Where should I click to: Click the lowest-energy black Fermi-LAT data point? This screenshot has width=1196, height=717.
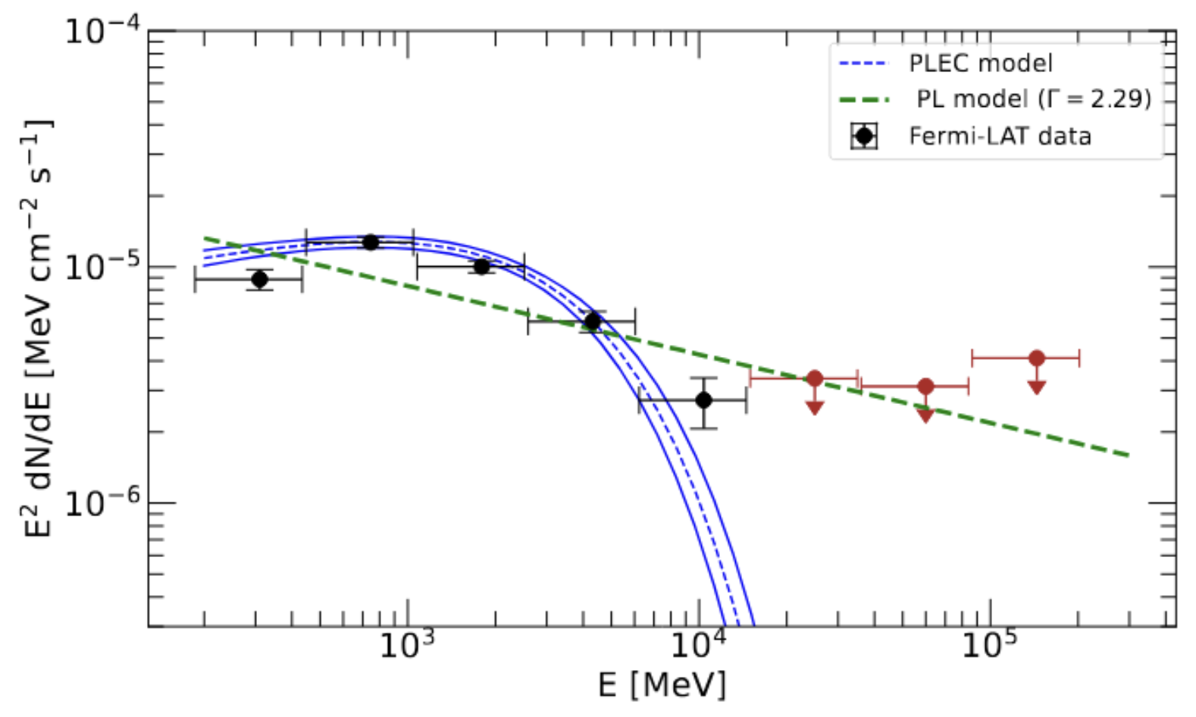click(259, 279)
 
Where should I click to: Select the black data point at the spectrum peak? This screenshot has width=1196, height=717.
click(371, 243)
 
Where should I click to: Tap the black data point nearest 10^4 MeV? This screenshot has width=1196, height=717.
click(703, 399)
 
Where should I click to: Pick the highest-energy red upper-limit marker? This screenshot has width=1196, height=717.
click(1037, 358)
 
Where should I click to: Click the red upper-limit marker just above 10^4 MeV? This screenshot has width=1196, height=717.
click(815, 378)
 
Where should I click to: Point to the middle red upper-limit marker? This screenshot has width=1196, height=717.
click(925, 387)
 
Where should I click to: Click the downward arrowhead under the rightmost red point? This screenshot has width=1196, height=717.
click(1037, 387)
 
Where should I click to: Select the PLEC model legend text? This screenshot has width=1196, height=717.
click(981, 63)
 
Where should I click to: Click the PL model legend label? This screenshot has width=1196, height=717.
click(1034, 99)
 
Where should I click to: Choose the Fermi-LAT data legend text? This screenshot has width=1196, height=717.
click(1000, 136)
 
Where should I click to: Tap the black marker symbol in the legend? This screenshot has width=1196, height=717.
click(864, 136)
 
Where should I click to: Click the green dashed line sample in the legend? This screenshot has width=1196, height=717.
click(864, 99)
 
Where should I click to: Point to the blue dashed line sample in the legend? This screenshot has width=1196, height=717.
click(864, 64)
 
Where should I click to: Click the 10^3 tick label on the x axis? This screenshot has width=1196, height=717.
click(407, 646)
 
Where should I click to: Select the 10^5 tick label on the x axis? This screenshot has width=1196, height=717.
click(990, 646)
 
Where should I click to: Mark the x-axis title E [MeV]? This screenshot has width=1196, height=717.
click(662, 685)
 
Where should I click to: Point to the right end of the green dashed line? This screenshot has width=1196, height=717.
click(1128, 455)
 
